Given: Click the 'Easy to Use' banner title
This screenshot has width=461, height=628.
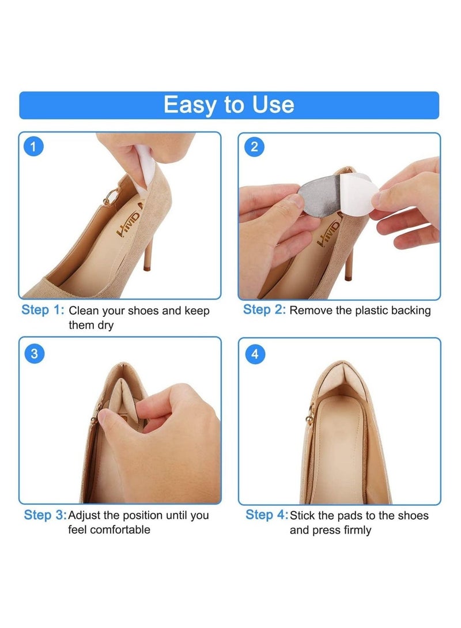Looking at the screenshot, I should [229, 105].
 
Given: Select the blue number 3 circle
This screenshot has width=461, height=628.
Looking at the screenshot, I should [35, 354].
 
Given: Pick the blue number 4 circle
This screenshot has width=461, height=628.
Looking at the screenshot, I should [255, 354].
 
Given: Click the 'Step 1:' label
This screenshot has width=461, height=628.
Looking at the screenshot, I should [43, 310].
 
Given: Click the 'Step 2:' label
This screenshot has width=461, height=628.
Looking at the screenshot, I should [264, 309].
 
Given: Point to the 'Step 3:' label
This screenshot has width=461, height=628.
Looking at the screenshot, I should [45, 515].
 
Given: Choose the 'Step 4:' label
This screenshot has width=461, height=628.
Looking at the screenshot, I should [266, 514].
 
